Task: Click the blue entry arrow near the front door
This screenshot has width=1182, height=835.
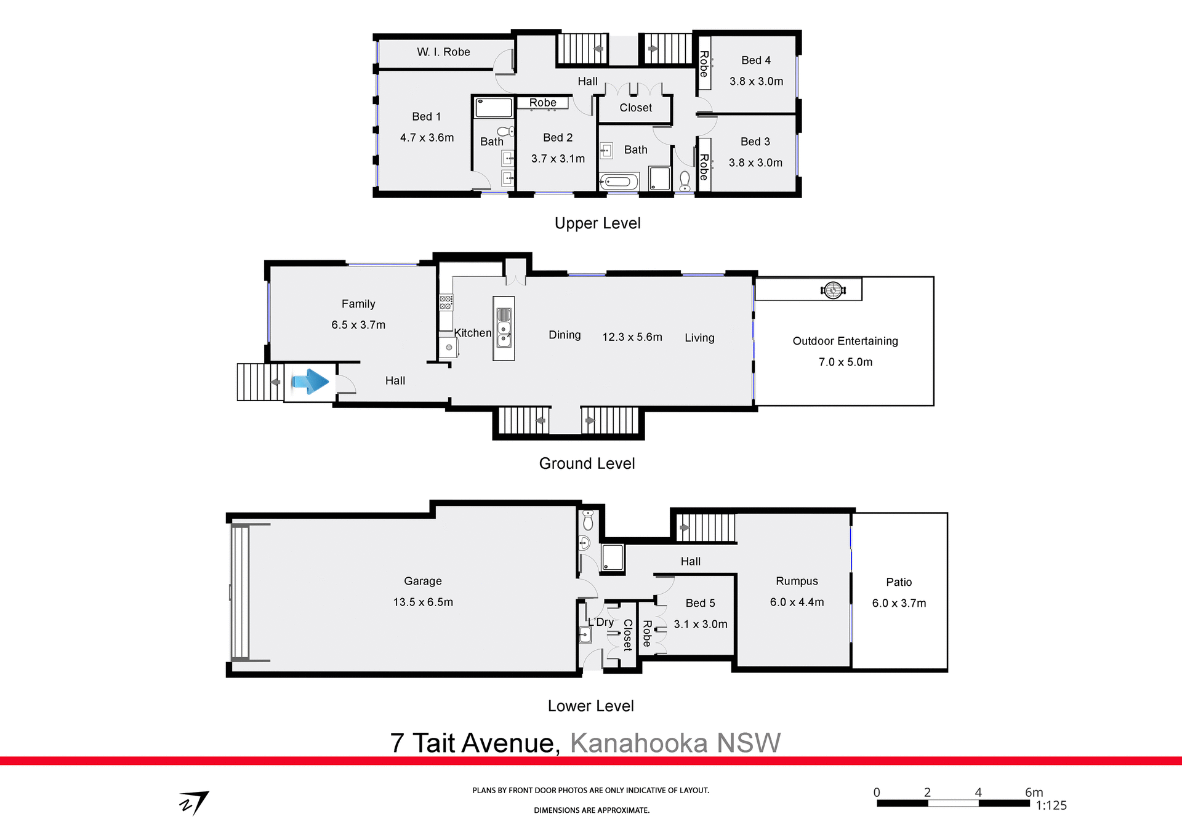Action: pyautogui.click(x=310, y=382)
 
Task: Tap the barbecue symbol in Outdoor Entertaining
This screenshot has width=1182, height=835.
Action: pyautogui.click(x=833, y=290)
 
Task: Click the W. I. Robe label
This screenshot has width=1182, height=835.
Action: pyautogui.click(x=443, y=52)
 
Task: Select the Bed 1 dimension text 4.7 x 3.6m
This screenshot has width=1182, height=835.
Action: pyautogui.click(x=427, y=138)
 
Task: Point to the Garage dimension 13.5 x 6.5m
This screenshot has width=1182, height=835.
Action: pyautogui.click(x=423, y=602)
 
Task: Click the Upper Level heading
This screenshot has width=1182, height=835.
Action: pyautogui.click(x=597, y=223)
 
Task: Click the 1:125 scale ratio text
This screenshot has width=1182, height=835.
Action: pyautogui.click(x=1051, y=805)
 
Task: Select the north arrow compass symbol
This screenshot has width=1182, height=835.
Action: pyautogui.click(x=195, y=802)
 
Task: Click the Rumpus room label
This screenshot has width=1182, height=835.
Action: pyautogui.click(x=797, y=581)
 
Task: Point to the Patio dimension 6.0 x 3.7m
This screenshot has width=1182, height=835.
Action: pyautogui.click(x=899, y=604)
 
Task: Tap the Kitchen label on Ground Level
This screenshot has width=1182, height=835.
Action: pyautogui.click(x=473, y=333)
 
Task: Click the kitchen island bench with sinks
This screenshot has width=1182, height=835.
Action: pyautogui.click(x=504, y=329)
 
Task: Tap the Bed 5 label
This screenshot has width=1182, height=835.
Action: pyautogui.click(x=700, y=604)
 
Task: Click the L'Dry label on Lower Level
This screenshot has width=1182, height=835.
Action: pyautogui.click(x=601, y=622)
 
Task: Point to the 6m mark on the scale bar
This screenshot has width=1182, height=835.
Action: pyautogui.click(x=1034, y=793)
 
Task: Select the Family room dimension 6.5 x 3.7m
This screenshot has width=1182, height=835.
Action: pyautogui.click(x=358, y=325)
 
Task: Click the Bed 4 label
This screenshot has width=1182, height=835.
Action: pyautogui.click(x=755, y=60)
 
